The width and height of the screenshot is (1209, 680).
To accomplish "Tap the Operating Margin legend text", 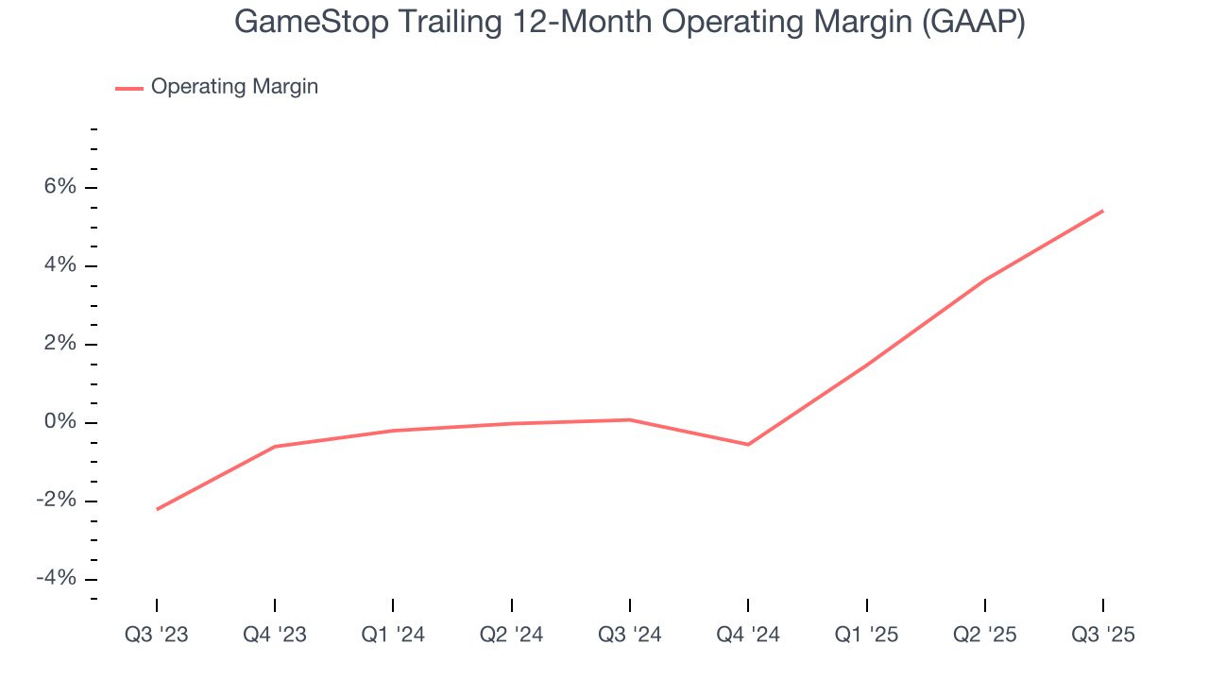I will (234, 87).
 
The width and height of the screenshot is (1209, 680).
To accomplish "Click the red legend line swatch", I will (129, 88).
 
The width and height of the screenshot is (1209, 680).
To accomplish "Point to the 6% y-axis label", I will (60, 187).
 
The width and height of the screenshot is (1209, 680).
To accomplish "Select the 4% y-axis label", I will (60, 265).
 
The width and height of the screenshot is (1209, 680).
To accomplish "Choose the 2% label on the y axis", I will (60, 344).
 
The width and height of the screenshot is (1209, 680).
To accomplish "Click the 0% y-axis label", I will (60, 422).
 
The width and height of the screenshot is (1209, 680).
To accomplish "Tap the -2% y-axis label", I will (56, 501).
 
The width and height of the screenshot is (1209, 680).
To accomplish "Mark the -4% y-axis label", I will (56, 578).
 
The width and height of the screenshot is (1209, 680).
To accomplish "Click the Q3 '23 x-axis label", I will (157, 635).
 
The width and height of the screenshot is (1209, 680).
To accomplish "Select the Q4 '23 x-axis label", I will (275, 635).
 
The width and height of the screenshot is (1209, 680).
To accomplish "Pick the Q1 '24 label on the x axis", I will (393, 635).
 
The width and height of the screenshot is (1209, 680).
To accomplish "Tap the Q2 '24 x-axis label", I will (512, 635).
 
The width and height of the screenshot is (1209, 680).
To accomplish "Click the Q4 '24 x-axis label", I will (748, 635).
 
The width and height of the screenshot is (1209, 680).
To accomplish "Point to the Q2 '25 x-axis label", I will (985, 635).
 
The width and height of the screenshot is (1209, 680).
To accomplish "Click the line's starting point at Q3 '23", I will (157, 509).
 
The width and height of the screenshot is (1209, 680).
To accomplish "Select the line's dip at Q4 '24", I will (748, 444).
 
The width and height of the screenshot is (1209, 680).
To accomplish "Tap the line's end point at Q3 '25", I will (1102, 211).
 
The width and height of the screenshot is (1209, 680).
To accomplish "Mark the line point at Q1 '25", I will (867, 365).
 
